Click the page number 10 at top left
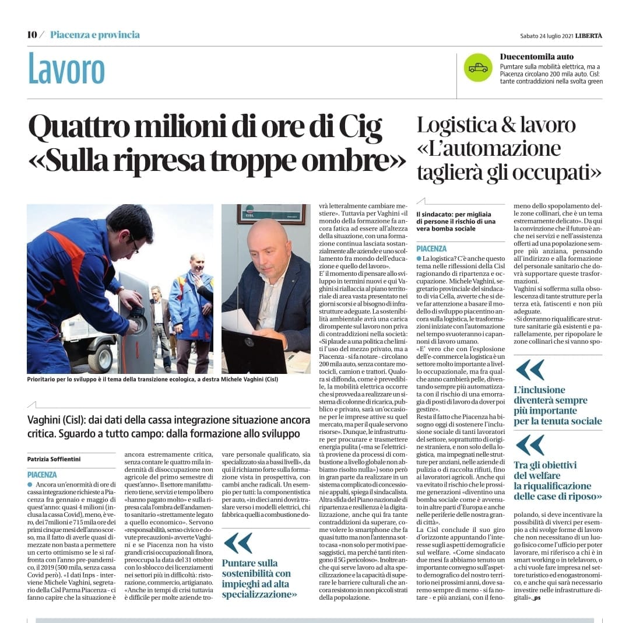click(x=32, y=35)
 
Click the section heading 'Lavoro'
click(x=66, y=69)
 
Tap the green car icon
click(x=478, y=68)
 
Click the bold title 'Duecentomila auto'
click(x=537, y=57)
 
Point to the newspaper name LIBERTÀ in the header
click(x=589, y=36)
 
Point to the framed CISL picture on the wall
click(x=271, y=213)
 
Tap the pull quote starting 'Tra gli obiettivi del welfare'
click(x=557, y=480)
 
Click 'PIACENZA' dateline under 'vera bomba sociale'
click(x=432, y=249)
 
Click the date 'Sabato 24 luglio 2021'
click(x=546, y=36)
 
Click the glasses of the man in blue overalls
click(x=134, y=243)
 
